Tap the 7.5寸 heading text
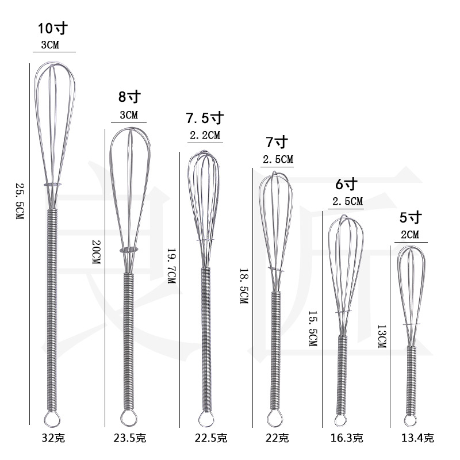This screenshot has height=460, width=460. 204,118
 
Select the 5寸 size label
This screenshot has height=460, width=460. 411,217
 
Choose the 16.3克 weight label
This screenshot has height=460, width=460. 347,439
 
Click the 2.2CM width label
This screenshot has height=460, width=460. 204,136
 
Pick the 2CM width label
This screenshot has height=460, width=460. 411,235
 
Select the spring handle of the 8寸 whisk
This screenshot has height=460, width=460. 128,339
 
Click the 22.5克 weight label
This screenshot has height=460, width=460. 204,439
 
